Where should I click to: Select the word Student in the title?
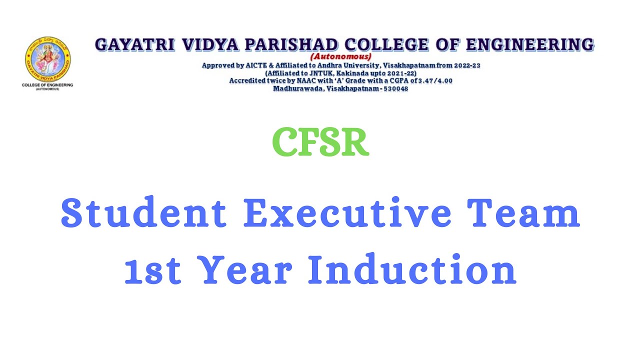point(143,213)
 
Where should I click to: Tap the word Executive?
point(347,213)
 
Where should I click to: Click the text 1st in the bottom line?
point(152,270)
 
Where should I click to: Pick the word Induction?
point(411,270)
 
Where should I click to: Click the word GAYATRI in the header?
point(135,45)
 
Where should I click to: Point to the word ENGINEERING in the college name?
point(530,45)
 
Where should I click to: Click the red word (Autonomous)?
point(341,56)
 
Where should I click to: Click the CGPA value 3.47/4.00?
point(431,80)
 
